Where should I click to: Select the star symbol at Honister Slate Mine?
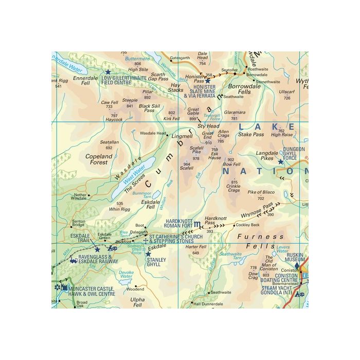[208, 81]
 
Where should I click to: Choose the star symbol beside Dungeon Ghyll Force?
[280, 161]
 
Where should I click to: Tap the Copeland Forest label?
[99, 159]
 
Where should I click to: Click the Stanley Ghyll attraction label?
[156, 263]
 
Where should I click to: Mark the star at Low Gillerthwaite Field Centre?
[108, 73]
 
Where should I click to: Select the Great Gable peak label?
[193, 112]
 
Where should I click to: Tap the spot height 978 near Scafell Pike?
[196, 158]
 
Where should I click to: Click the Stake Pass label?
[251, 134]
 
